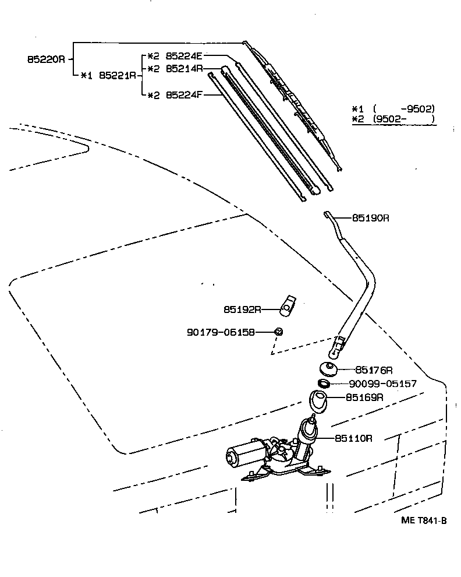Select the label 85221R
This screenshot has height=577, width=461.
click(x=118, y=75)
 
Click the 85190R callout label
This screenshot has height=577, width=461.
click(x=370, y=218)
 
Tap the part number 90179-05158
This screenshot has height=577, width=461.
click(x=221, y=332)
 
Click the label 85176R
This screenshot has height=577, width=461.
click(x=374, y=370)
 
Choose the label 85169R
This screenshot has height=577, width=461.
click(x=364, y=397)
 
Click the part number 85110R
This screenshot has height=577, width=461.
click(x=353, y=438)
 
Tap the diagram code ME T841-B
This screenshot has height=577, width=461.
click(x=423, y=520)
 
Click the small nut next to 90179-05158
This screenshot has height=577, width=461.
click(x=278, y=332)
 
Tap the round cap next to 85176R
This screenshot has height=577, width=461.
click(x=329, y=370)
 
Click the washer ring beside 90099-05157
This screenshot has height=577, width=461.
click(x=324, y=384)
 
